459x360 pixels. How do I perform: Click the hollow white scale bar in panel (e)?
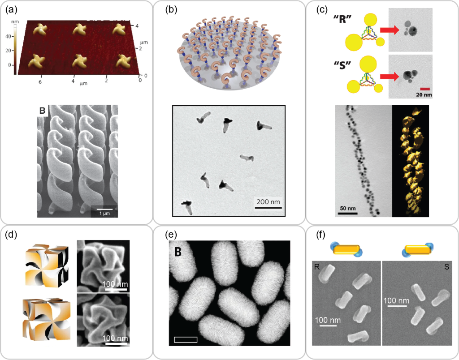point(186,339)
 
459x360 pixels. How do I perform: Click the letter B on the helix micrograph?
point(43,111)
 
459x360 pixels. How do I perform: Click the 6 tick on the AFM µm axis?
point(41,83)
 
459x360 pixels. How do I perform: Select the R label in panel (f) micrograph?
point(316,266)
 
